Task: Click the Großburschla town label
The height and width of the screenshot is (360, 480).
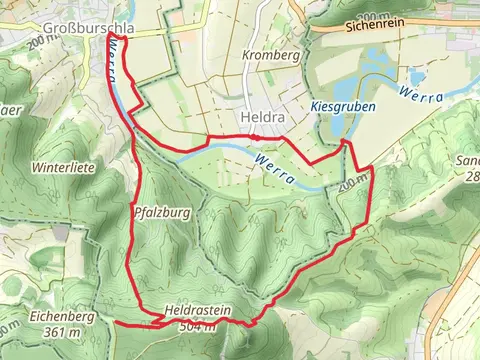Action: pos(84,28)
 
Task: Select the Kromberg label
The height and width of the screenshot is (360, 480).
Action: pos(271,56)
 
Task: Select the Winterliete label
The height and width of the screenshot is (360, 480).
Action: pos(62,168)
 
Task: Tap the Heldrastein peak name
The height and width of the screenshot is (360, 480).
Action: pos(198,312)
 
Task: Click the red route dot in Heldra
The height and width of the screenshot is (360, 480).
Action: pos(256,136)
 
